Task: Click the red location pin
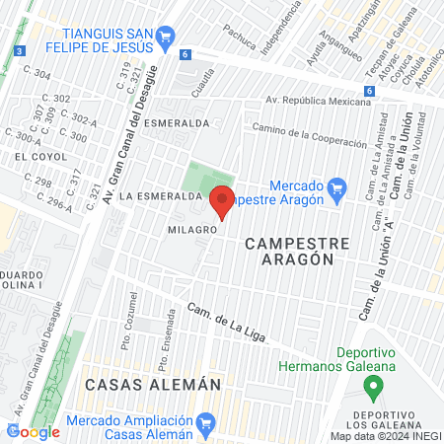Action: [221, 200]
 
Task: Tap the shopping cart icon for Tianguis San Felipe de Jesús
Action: [165, 38]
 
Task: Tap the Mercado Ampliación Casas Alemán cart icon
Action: [205, 426]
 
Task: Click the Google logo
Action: [33, 430]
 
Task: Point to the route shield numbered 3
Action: [19, 51]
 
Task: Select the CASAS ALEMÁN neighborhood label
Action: [149, 385]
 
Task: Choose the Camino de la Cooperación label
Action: [309, 135]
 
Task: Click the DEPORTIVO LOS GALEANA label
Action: [383, 417]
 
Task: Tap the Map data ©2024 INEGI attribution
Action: [386, 436]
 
